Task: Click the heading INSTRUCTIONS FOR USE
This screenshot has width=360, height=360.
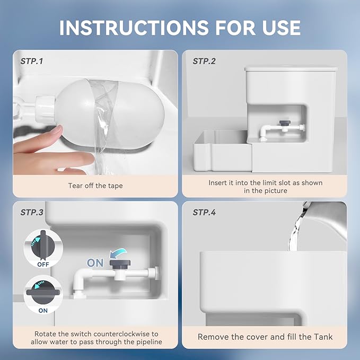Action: [180, 27]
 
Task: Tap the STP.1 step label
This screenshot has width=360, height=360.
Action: [32, 62]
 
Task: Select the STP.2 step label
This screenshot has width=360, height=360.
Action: [204, 62]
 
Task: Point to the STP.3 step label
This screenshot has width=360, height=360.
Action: [32, 213]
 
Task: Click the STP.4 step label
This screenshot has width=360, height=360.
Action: [204, 213]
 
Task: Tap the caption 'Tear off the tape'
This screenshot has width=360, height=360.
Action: [96, 186]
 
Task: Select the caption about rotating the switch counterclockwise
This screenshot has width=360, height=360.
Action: [96, 338]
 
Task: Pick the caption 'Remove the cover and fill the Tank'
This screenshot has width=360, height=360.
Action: [265, 337]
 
